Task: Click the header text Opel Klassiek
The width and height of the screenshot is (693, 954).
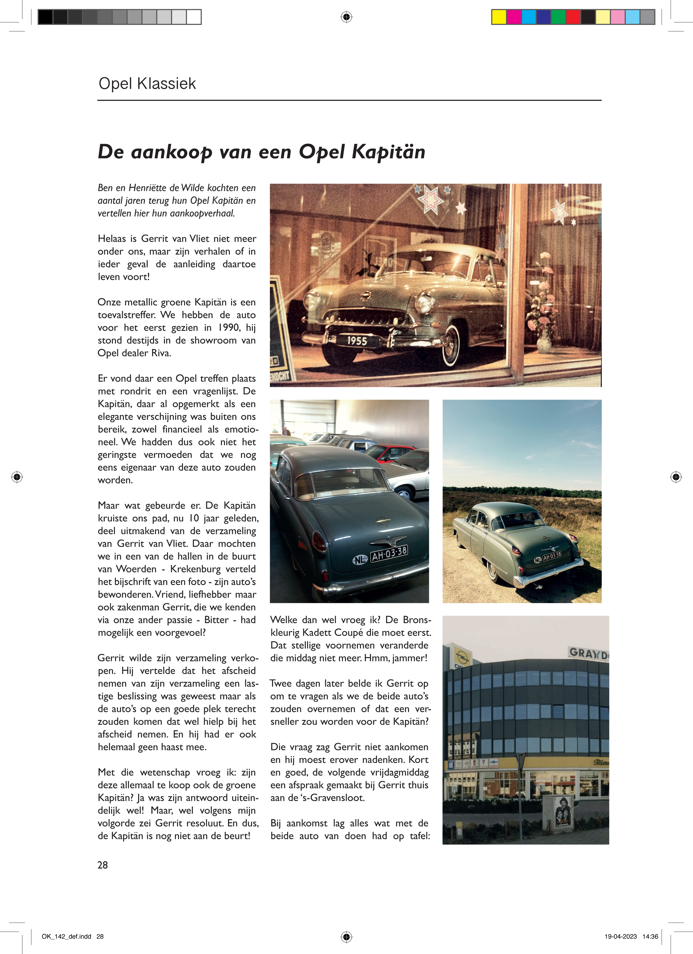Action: pyautogui.click(x=147, y=84)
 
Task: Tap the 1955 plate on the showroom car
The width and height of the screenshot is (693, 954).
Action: pyautogui.click(x=357, y=341)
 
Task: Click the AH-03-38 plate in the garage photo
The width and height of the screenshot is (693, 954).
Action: pyautogui.click(x=389, y=554)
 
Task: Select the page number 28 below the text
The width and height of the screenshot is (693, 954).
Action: pyautogui.click(x=103, y=865)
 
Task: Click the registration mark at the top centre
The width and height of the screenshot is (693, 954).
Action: pyautogui.click(x=346, y=17)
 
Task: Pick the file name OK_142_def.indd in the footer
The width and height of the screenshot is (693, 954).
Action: pyautogui.click(x=67, y=936)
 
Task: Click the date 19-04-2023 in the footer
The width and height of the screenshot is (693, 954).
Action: pyautogui.click(x=621, y=936)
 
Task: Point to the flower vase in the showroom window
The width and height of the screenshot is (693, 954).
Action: pyautogui.click(x=544, y=340)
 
